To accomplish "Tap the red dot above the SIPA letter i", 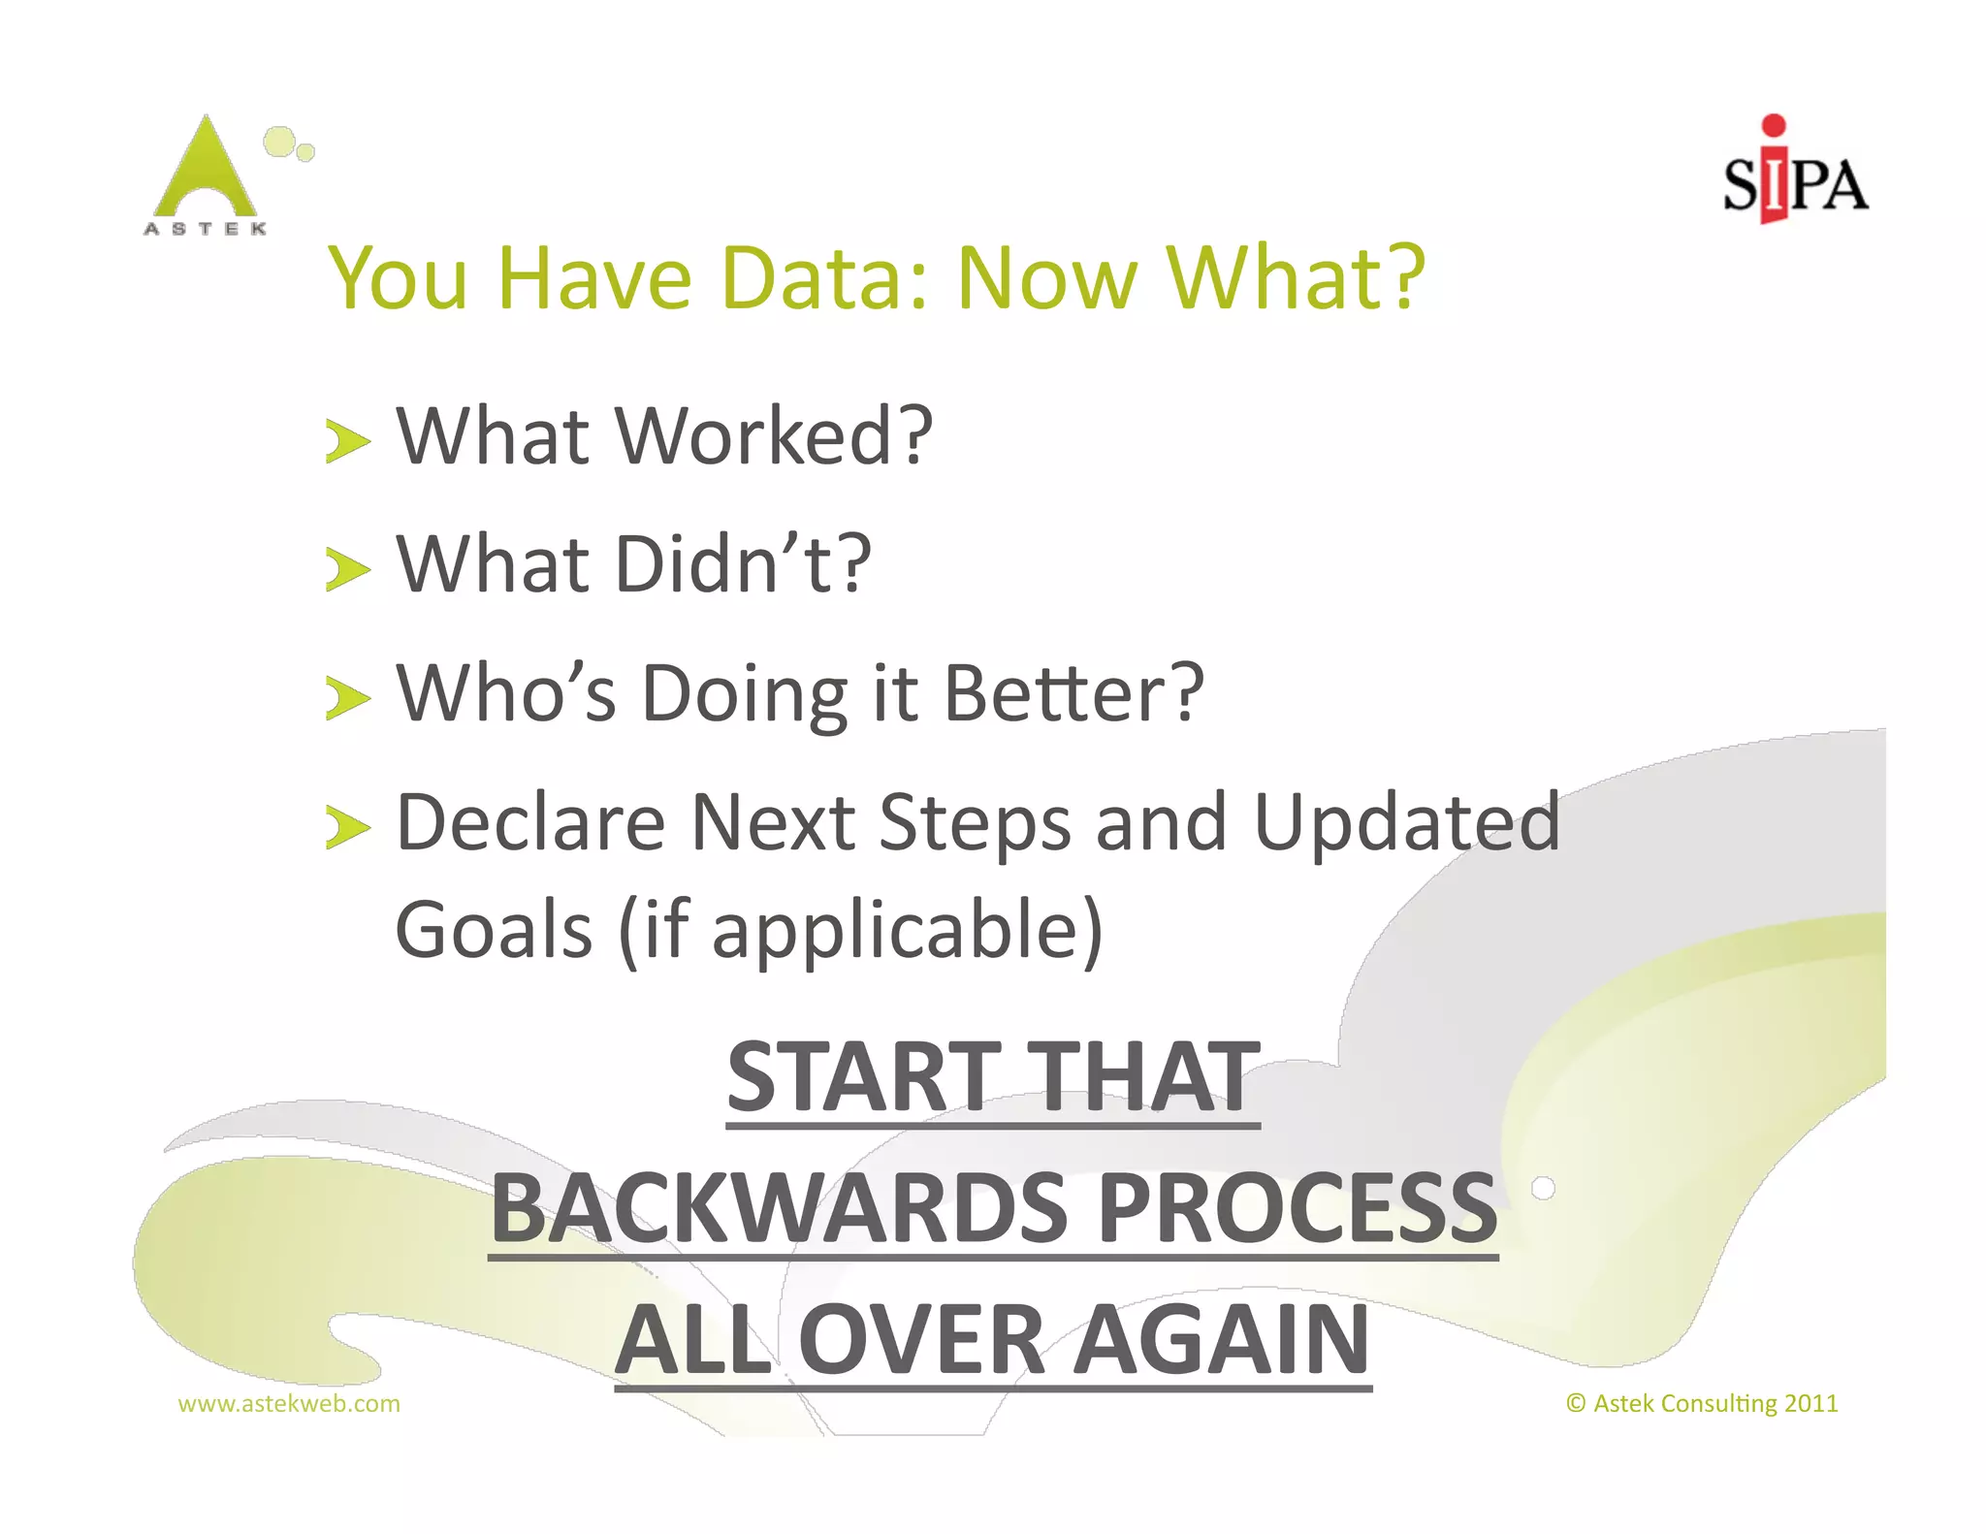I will pos(1774,125).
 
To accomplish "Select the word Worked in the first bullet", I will pos(773,437).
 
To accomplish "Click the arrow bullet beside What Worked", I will pos(347,442).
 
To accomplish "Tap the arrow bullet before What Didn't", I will pos(347,569).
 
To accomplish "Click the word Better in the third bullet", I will pos(1073,693).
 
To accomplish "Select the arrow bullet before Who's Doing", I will pos(347,699).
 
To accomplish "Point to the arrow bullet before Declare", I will pos(347,828).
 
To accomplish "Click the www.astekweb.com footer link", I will pos(289,1403).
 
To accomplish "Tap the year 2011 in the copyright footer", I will pos(1810,1403).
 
